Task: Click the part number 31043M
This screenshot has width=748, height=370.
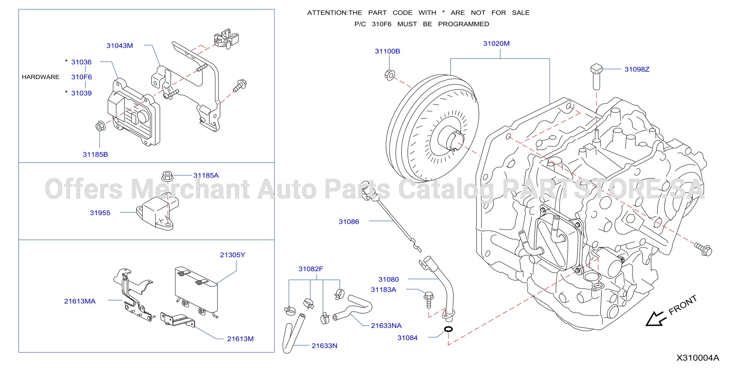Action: (120, 46)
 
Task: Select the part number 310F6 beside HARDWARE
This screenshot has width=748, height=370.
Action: (82, 77)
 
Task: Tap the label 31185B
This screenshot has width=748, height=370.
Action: (95, 155)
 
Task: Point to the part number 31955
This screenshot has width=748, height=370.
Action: (100, 213)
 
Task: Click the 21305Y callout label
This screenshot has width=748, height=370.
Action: (233, 255)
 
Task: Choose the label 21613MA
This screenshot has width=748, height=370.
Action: (80, 301)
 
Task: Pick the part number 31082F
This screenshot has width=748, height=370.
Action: (311, 269)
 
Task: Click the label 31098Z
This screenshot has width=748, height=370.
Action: (637, 69)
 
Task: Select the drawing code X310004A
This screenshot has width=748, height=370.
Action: (698, 358)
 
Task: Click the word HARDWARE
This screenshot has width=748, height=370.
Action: (41, 77)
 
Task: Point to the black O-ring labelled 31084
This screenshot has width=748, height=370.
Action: (448, 329)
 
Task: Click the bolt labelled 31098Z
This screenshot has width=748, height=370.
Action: (596, 77)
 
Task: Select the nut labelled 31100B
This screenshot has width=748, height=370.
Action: (390, 75)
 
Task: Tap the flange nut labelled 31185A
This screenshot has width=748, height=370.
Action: (167, 176)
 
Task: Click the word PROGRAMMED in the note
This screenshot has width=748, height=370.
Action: (463, 24)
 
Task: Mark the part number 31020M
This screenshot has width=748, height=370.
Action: (496, 44)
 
